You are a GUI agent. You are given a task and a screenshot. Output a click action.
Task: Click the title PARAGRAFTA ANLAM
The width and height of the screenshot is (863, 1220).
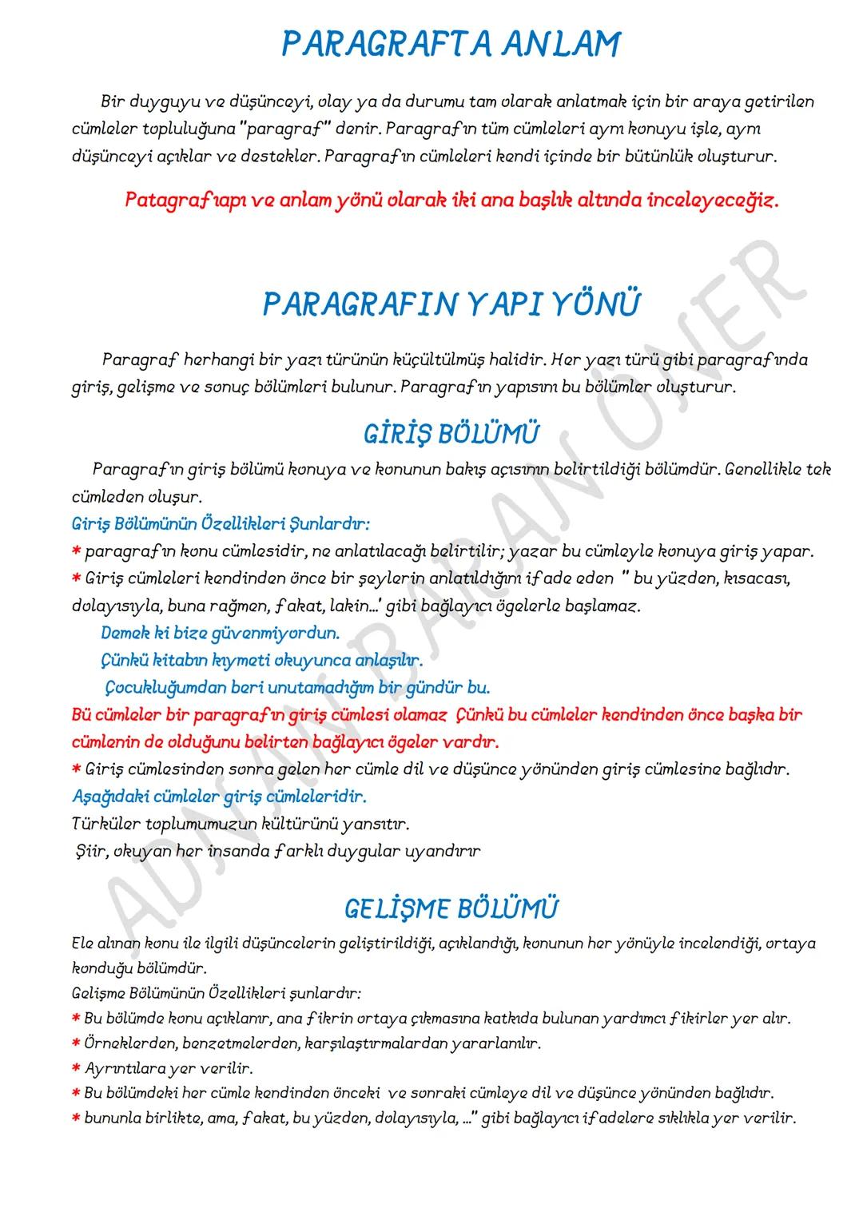[x=451, y=44]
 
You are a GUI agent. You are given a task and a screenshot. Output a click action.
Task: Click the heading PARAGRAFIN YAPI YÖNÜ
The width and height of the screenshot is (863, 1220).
[x=451, y=304]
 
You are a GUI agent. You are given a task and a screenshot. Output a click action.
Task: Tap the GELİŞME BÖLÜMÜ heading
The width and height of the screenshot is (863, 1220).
[x=451, y=908]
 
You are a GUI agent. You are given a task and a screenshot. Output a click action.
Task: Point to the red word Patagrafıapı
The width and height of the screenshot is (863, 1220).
[x=174, y=200]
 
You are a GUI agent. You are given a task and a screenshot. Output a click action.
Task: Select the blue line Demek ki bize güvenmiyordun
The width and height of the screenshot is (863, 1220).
[x=220, y=634]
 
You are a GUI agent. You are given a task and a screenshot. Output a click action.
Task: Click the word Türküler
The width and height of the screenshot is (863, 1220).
[x=103, y=823]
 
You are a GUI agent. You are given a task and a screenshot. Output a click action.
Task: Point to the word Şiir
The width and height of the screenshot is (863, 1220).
[x=89, y=851]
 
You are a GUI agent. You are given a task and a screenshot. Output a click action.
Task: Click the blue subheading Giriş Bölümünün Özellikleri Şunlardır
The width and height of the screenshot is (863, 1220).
[x=221, y=525]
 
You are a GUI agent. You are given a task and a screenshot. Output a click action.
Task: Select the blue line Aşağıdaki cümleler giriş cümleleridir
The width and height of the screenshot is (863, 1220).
[x=220, y=797]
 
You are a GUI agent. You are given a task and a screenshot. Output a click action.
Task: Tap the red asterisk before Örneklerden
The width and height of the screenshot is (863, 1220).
[x=76, y=1044]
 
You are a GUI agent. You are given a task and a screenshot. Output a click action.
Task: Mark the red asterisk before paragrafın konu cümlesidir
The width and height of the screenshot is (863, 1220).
[x=76, y=552]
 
